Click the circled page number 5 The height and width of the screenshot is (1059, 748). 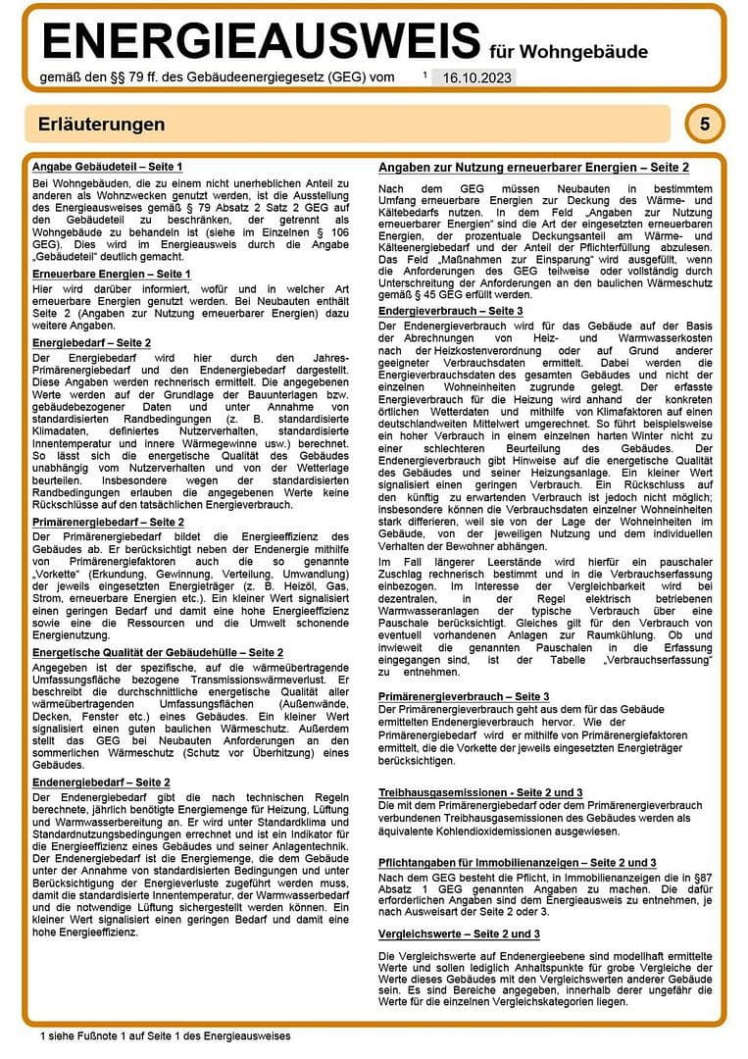coord(705,125)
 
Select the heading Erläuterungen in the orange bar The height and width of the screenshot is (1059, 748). coord(101,125)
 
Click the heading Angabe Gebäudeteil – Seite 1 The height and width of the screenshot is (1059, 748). coord(107,167)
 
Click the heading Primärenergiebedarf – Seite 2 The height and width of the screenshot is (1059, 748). coord(108,523)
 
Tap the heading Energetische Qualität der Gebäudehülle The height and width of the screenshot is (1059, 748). coord(157,652)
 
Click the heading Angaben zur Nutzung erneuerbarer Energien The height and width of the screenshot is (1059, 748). coord(533,169)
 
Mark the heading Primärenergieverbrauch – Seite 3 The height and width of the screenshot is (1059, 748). coord(464,695)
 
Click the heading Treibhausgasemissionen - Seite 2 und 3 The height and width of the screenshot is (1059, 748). coord(480,791)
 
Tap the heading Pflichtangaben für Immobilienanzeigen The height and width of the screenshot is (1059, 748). coord(518,862)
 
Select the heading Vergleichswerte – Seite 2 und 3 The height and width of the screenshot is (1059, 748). coord(459,933)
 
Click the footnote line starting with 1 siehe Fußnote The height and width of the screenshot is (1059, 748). coord(166,1035)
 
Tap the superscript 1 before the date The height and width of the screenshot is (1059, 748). coord(425,74)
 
